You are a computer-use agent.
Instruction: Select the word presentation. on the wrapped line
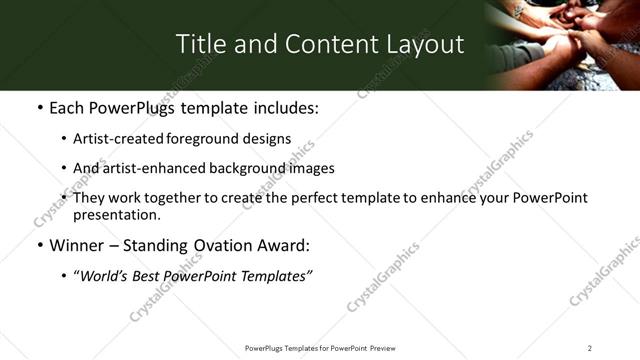pos(117,215)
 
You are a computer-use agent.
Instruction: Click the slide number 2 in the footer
pos(589,348)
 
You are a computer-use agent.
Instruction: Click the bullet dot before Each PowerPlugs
pos(39,108)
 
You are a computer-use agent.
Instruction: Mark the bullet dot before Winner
pos(39,246)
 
